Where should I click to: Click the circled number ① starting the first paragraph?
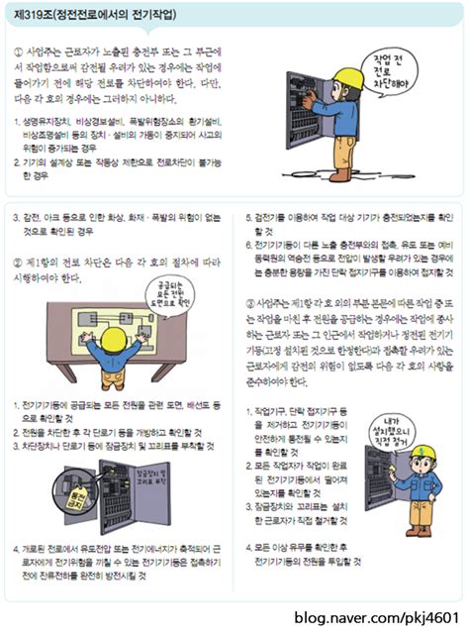[21, 50]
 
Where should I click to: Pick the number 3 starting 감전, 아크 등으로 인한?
[15, 215]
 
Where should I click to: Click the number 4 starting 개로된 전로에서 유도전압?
[15, 547]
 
